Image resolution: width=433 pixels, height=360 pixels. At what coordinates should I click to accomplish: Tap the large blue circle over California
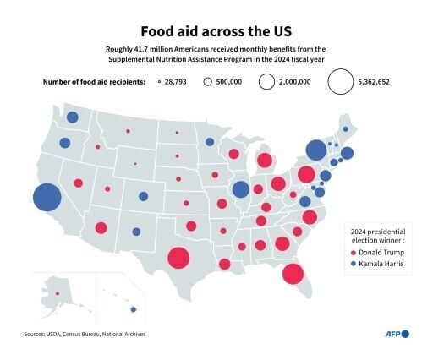47,198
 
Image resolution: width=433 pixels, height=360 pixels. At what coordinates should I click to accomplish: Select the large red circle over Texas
178,258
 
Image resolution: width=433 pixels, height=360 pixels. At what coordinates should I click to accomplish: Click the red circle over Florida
293,273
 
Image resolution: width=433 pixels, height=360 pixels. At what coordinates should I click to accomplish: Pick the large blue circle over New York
315,150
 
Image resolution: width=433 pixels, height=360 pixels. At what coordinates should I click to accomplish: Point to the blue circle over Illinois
241,189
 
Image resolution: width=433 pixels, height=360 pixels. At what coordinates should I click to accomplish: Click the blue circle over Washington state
73,117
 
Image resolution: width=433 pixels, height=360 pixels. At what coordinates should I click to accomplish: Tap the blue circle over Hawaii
134,308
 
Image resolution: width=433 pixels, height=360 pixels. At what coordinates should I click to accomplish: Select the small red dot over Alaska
58,294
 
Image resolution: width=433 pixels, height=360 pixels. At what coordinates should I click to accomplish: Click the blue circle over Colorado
144,197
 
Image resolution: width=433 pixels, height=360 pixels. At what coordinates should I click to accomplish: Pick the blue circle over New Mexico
136,232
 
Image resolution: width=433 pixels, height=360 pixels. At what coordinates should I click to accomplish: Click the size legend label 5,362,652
379,82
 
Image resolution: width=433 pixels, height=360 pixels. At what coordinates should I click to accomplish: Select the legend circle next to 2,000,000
266,82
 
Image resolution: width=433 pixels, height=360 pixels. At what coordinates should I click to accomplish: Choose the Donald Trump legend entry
381,252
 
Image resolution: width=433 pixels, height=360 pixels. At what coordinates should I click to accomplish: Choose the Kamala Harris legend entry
381,265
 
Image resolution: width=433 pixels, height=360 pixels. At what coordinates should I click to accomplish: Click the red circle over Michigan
264,161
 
